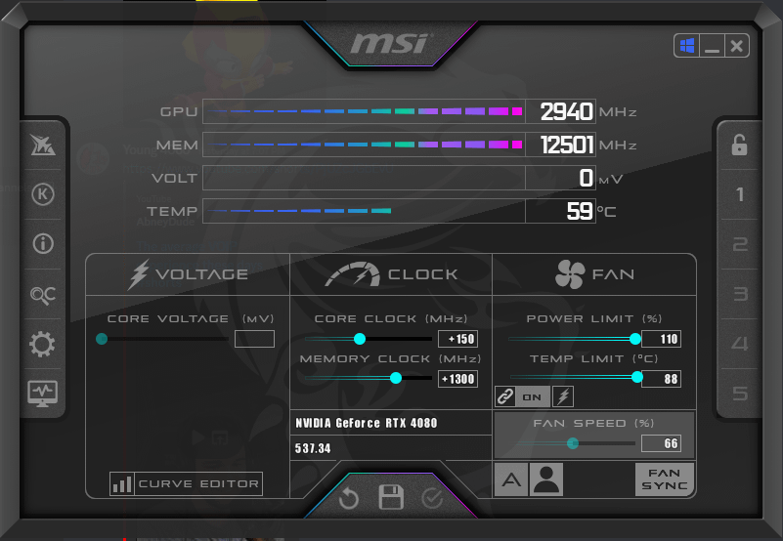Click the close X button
pyautogui.click(x=736, y=46)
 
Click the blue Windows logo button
pyautogui.click(x=687, y=46)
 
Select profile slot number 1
pyautogui.click(x=740, y=194)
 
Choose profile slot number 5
pyautogui.click(x=740, y=394)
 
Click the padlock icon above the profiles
pyautogui.click(x=739, y=146)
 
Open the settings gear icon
pyautogui.click(x=42, y=344)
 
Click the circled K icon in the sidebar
pyautogui.click(x=43, y=194)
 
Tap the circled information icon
pyautogui.click(x=43, y=244)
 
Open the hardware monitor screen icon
pyautogui.click(x=42, y=394)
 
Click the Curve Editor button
pyautogui.click(x=187, y=483)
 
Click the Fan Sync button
pyautogui.click(x=664, y=479)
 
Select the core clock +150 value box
pyautogui.click(x=457, y=339)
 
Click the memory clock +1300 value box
pyautogui.click(x=457, y=379)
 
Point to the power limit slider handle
pyautogui.click(x=635, y=339)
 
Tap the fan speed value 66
pyautogui.click(x=661, y=443)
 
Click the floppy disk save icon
pyautogui.click(x=391, y=497)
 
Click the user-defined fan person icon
pyautogui.click(x=546, y=479)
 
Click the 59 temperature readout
pyautogui.click(x=580, y=211)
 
